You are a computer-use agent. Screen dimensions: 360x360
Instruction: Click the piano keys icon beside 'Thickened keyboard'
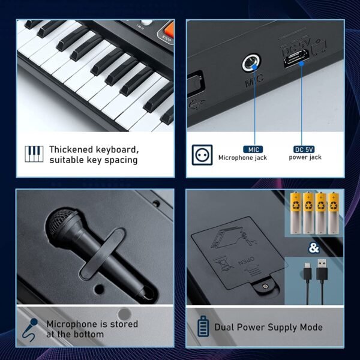[x=34, y=154]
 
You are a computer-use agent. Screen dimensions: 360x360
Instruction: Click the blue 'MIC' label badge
[x=253, y=149]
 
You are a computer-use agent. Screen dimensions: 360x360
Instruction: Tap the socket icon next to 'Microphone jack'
[x=202, y=154]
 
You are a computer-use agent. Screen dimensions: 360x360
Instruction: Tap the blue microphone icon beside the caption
[x=29, y=328]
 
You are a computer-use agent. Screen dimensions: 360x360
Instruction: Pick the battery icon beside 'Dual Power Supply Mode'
[x=203, y=327]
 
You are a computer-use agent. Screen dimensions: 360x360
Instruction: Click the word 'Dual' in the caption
[x=226, y=327]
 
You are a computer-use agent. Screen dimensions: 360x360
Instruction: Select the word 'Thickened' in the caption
[x=74, y=149]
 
